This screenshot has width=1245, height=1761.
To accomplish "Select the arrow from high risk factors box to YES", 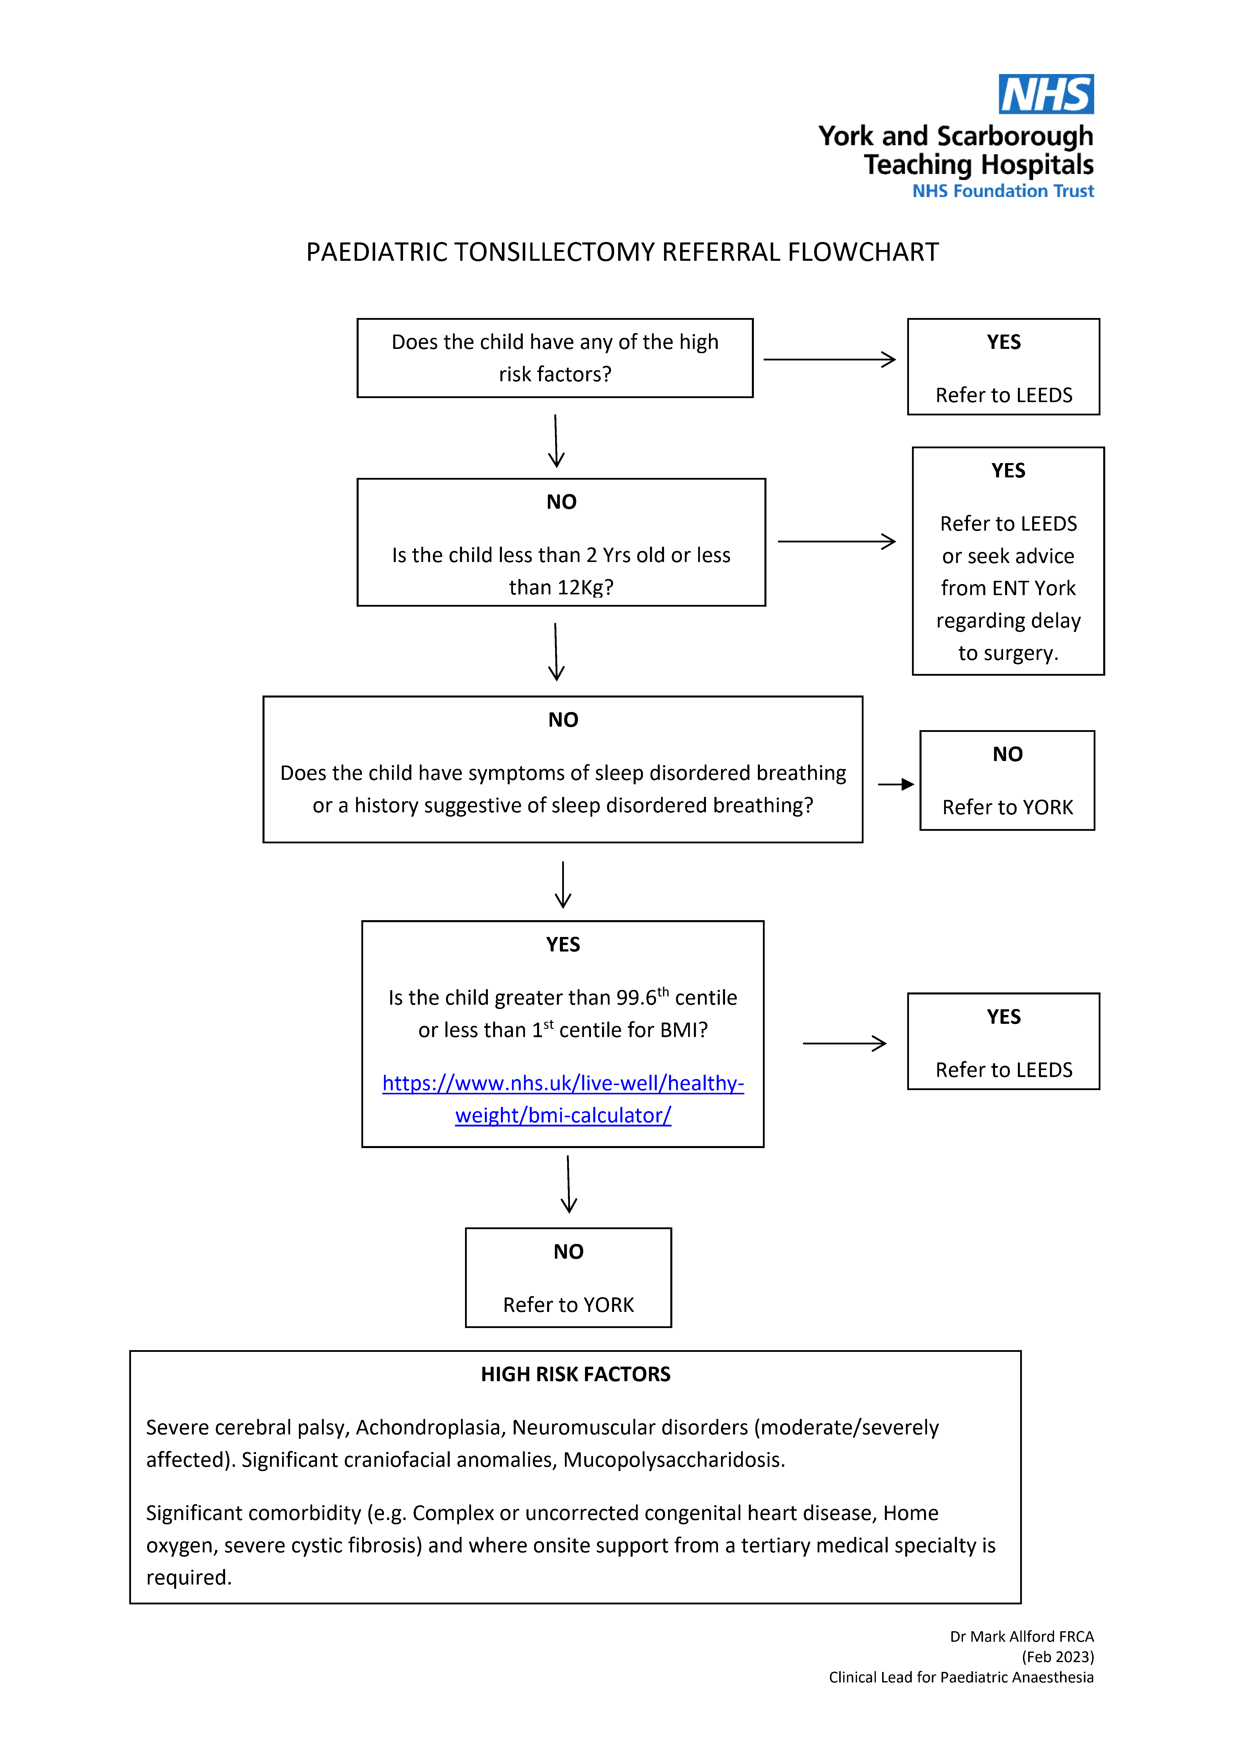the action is (x=829, y=359).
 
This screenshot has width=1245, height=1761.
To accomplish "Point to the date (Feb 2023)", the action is (x=1058, y=1657).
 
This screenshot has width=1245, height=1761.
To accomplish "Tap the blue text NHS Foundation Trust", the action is (x=1003, y=191).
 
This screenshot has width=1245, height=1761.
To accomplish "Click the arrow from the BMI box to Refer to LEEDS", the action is (x=844, y=1043).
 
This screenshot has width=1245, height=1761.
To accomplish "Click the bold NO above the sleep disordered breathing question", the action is (x=563, y=719).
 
